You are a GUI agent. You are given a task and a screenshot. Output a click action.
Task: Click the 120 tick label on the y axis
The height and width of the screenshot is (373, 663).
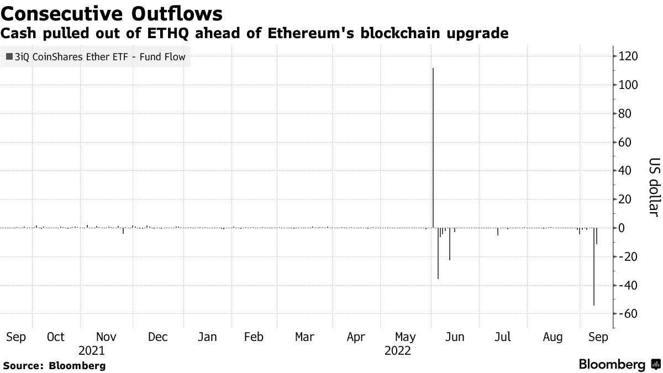(628, 56)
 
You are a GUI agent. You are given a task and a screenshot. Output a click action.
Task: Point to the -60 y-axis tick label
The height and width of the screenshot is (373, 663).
(628, 313)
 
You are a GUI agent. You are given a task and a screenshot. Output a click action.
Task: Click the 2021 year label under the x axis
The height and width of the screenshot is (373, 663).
(92, 350)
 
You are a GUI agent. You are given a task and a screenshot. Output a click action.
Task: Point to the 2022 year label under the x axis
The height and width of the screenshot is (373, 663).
(398, 350)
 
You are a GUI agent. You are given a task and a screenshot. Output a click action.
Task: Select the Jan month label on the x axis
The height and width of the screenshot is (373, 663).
(207, 337)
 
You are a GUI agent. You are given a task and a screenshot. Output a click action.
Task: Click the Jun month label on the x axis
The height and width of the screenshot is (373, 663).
(455, 337)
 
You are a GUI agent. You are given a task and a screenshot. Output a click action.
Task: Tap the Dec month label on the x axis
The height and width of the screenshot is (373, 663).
(158, 337)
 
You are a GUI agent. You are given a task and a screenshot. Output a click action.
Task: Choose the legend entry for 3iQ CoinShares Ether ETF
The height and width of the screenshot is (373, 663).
(96, 56)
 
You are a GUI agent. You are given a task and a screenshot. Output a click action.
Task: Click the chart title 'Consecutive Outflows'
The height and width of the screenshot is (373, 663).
(113, 13)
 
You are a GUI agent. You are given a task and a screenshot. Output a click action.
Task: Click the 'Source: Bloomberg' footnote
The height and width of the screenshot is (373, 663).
(54, 365)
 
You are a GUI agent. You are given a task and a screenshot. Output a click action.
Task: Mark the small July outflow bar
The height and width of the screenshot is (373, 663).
(498, 232)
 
